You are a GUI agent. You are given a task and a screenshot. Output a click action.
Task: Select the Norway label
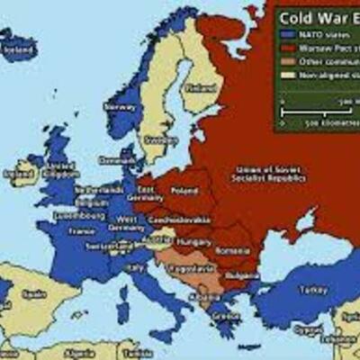pyautogui.click(x=121, y=105)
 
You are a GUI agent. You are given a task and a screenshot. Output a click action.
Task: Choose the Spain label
pyautogui.click(x=33, y=293)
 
